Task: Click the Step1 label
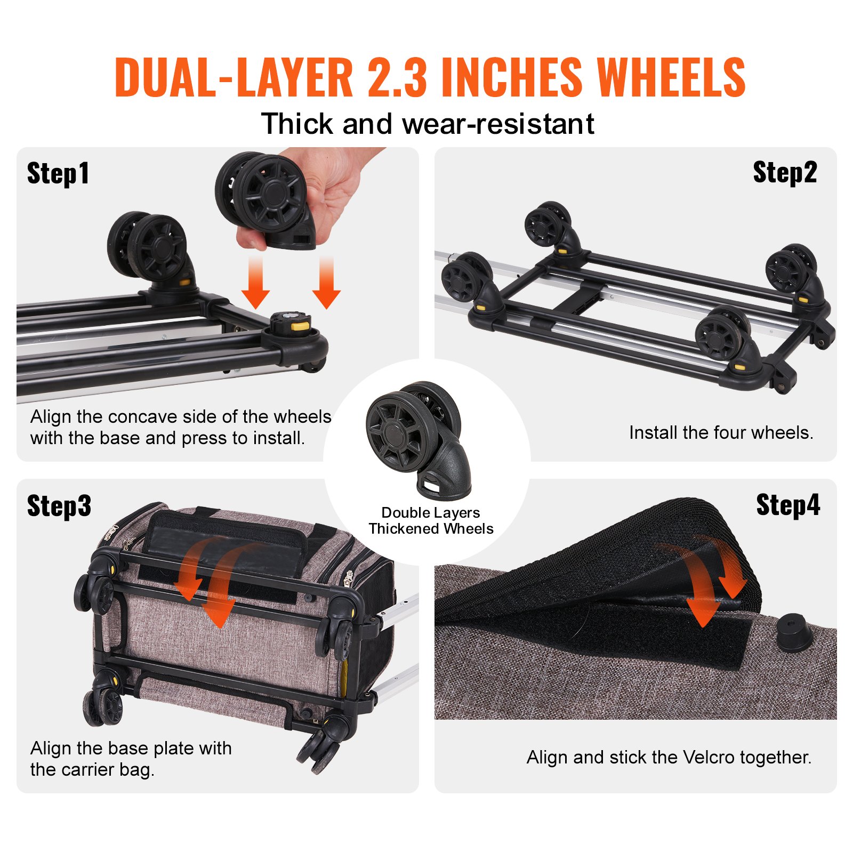[x=58, y=174]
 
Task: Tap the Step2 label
[x=784, y=173]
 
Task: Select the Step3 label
[x=59, y=506]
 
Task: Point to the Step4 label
[x=788, y=505]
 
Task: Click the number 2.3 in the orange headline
[x=397, y=78]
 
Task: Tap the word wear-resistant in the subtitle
[x=498, y=124]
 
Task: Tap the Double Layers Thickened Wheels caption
[x=431, y=521]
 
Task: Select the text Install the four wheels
[x=721, y=432]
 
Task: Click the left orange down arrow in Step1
[x=255, y=283]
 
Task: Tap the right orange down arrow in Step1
[x=326, y=283]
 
